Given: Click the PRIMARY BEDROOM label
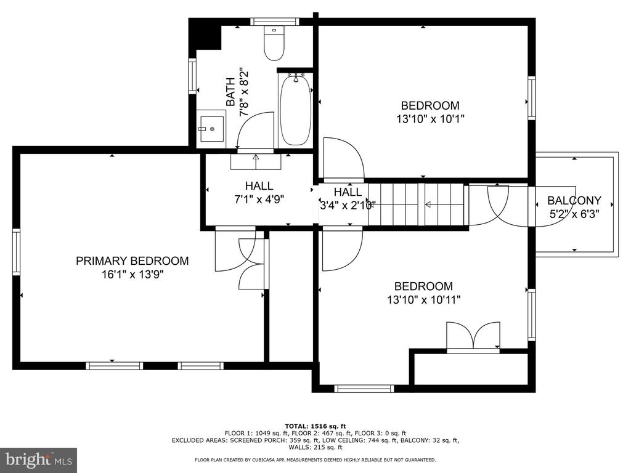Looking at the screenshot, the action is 132,261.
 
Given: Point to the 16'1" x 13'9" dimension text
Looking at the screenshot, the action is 132,275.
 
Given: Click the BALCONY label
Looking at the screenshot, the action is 574,200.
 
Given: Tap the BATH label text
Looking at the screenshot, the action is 230,92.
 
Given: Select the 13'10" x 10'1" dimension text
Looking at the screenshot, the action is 430,119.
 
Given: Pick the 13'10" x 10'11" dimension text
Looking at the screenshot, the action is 423,300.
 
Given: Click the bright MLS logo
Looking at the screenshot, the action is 39,459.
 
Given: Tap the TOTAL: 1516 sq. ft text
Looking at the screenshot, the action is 315,426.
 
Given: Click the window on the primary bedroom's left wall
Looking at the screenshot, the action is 16,252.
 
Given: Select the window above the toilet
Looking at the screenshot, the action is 274,22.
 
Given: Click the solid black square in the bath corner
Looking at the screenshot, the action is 206,35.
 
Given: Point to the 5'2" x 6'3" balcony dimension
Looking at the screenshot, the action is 574,214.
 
